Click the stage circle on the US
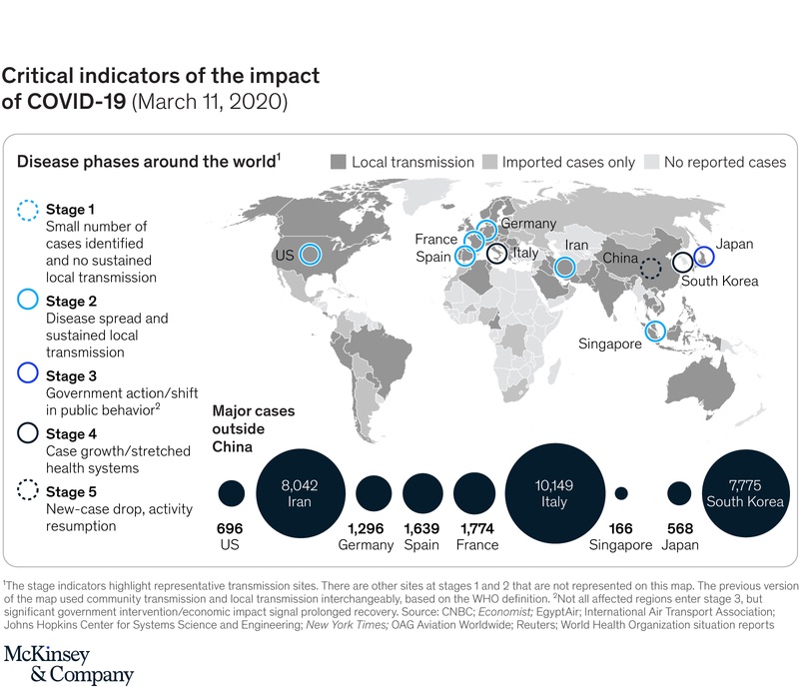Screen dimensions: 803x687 [300, 254]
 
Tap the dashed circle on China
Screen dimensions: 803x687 [641, 268]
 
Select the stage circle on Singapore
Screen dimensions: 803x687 [645, 331]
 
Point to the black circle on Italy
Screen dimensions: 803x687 [487, 253]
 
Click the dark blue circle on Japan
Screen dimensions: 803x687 [694, 257]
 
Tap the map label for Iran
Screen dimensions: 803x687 [576, 246]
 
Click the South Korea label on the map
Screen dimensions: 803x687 [719, 281]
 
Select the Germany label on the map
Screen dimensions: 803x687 [528, 224]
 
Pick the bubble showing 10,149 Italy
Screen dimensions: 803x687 [554, 493]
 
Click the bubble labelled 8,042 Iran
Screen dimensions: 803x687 [300, 493]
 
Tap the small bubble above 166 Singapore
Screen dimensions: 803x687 [620, 493]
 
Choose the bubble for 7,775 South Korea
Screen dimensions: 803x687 [745, 493]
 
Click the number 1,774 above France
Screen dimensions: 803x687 [477, 528]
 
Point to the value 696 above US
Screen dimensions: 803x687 [230, 528]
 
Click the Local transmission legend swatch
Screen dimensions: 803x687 [339, 162]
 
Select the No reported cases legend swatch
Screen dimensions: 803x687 [651, 162]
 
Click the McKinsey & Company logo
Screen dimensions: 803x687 [69, 665]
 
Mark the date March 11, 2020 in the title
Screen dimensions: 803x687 [210, 102]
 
